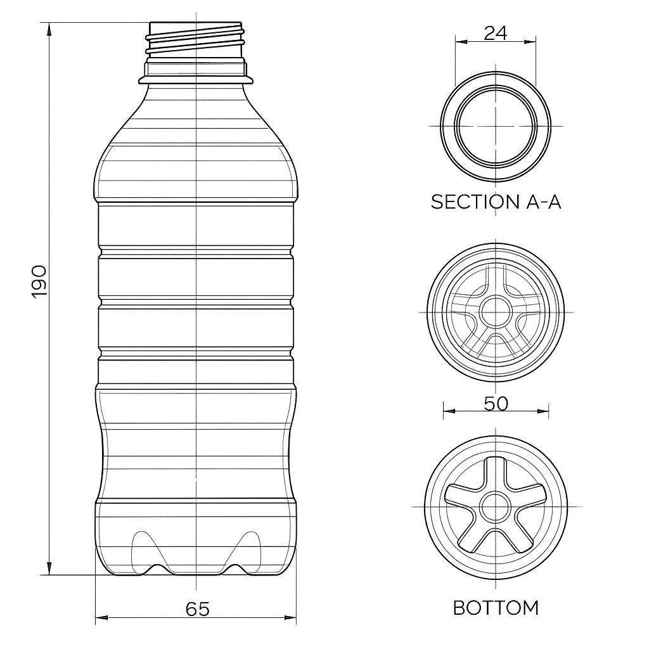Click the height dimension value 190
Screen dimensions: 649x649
point(40,281)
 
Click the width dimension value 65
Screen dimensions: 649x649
point(198,609)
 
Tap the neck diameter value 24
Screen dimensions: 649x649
point(496,33)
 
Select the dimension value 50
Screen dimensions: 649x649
point(496,404)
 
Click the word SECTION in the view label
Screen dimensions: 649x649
point(475,202)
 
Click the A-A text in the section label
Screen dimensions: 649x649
point(543,202)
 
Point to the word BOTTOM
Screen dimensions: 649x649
point(496,608)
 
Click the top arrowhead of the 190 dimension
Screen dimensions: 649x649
point(49,29)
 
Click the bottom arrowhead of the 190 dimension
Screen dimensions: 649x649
point(49,569)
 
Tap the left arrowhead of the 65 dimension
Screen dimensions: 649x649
point(102,617)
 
